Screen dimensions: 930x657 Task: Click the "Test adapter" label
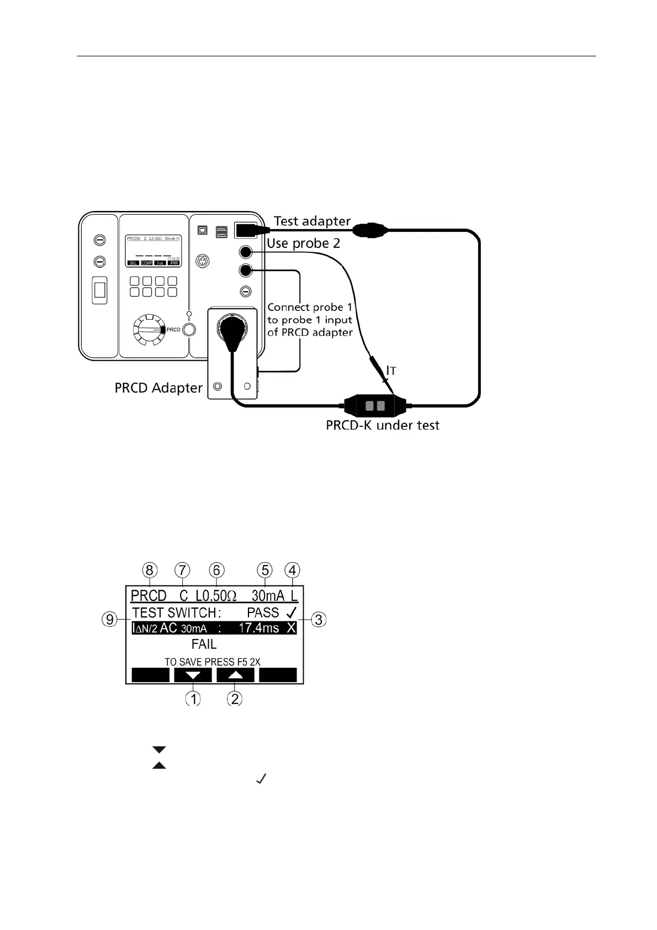point(312,221)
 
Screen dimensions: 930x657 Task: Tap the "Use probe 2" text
point(303,244)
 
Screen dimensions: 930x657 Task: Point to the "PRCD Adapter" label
point(158,388)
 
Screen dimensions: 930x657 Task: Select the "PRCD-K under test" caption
point(383,425)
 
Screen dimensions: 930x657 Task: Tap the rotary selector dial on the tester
point(149,330)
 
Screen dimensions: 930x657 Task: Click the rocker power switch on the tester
point(99,289)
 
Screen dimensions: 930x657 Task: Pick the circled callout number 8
point(150,570)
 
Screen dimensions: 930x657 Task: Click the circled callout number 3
point(319,620)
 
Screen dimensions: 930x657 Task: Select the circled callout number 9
point(110,620)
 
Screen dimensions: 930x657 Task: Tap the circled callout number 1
point(193,699)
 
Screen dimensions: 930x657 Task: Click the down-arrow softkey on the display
point(193,675)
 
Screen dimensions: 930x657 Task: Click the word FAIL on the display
point(204,644)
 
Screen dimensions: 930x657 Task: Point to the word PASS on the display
point(263,612)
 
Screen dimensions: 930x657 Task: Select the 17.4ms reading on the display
point(258,628)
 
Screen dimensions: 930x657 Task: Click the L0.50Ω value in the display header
point(216,596)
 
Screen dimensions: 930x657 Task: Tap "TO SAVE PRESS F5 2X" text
point(212,662)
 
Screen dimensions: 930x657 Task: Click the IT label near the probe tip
point(391,371)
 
